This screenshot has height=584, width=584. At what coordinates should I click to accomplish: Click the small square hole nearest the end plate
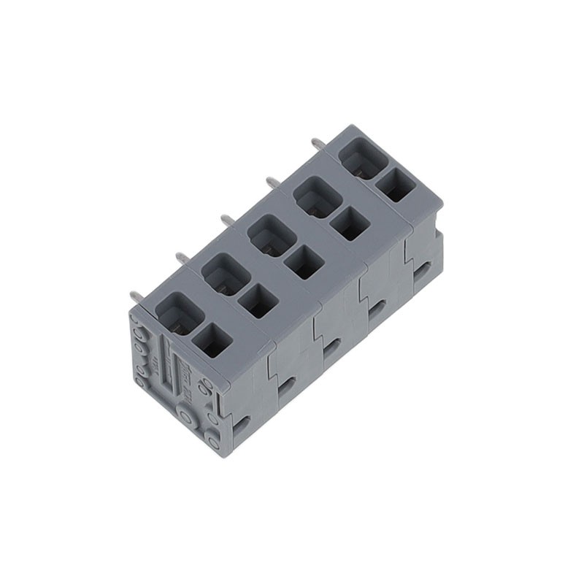212,341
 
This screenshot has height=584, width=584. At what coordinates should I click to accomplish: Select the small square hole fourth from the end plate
348,224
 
